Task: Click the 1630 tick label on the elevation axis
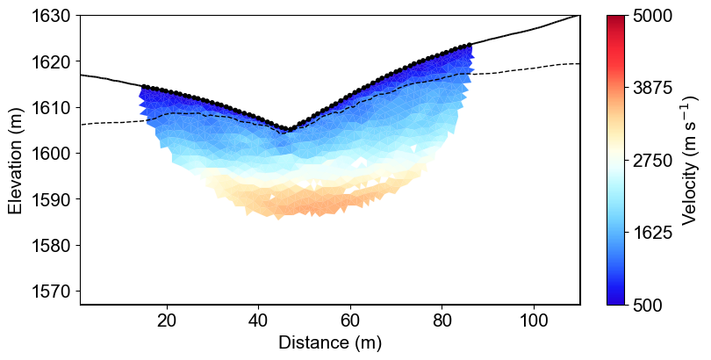(x=53, y=16)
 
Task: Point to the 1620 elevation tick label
(x=53, y=61)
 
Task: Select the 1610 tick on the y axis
(x=53, y=107)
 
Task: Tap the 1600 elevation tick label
(x=53, y=153)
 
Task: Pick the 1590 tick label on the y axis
(x=53, y=199)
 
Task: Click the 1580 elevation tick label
(x=53, y=245)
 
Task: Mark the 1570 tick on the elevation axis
(x=53, y=291)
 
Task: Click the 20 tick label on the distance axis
(x=167, y=320)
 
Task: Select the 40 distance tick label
(x=258, y=320)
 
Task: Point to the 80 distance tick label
(x=442, y=320)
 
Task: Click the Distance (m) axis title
(x=330, y=342)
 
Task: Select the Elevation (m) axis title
(x=16, y=161)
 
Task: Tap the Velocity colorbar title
(x=690, y=161)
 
